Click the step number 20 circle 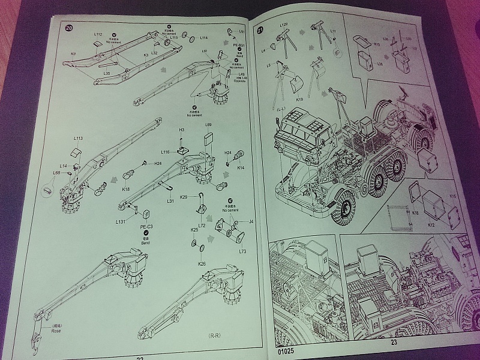click(x=69, y=28)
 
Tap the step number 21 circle click(x=260, y=29)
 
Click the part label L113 click(x=78, y=139)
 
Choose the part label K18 click(x=126, y=189)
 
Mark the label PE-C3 click(x=147, y=227)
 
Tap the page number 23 click(x=394, y=343)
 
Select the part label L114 click(x=203, y=38)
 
